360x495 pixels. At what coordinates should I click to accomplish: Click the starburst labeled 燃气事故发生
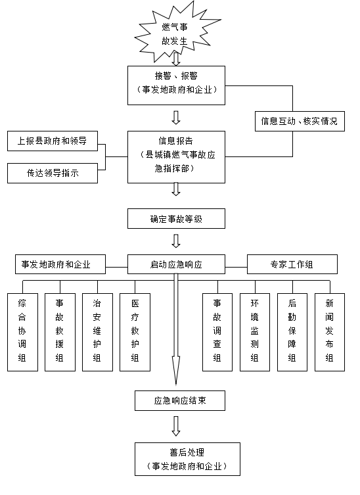(176, 33)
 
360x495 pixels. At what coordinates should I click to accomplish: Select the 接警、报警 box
(176, 85)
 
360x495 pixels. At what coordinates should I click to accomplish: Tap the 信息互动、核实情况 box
(300, 121)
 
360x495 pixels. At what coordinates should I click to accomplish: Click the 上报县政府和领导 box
(53, 141)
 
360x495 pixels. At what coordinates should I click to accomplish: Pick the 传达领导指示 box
(53, 173)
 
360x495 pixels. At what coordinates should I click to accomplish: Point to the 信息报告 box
(176, 157)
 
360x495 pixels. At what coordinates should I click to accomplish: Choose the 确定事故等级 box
(176, 218)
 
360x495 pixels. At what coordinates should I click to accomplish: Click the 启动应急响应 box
(176, 264)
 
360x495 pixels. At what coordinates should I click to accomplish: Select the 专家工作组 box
(292, 264)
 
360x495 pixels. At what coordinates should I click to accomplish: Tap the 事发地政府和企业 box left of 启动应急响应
(60, 264)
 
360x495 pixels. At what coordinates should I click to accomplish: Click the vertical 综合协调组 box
(22, 332)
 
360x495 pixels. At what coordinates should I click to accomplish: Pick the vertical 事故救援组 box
(60, 332)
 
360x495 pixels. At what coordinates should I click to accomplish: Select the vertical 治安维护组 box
(97, 332)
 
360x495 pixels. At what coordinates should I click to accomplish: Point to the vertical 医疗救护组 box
(135, 332)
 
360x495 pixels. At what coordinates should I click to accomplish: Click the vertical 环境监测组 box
(255, 332)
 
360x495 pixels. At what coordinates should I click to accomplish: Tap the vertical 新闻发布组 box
(330, 332)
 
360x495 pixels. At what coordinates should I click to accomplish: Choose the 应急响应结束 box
(180, 400)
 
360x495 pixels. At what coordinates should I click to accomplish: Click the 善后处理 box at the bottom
(187, 459)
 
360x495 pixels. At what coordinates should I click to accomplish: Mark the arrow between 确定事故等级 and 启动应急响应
(176, 241)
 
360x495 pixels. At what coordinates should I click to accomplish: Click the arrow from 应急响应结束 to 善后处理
(176, 426)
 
